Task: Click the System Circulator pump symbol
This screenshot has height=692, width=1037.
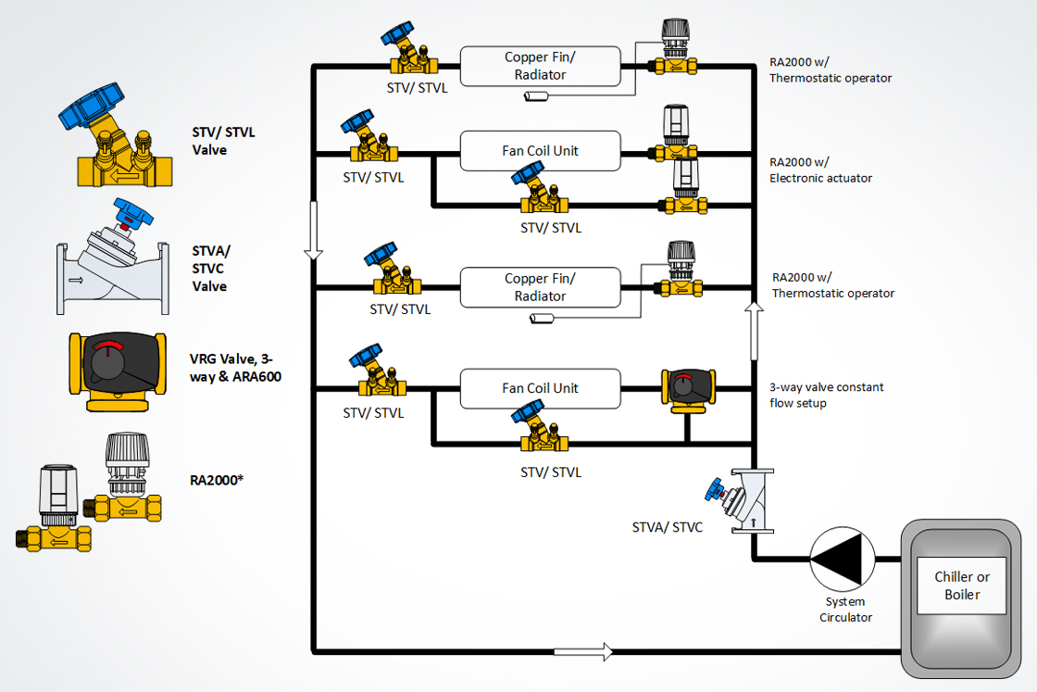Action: tap(842, 559)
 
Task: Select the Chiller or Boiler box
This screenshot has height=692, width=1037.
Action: tap(961, 585)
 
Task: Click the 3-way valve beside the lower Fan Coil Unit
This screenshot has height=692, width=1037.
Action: tap(686, 387)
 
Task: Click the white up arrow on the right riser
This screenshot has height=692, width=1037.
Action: tap(754, 331)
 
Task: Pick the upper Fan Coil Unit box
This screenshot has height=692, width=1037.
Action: tap(540, 151)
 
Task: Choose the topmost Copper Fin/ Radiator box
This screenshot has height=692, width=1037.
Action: tap(540, 66)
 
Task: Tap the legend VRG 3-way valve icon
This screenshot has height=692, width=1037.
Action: tap(118, 371)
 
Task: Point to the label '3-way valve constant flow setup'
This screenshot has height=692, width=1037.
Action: tap(826, 395)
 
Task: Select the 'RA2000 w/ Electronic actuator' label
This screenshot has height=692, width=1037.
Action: tap(820, 170)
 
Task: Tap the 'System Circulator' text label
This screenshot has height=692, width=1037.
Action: tap(845, 610)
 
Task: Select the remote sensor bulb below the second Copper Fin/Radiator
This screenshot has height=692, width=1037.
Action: tap(541, 319)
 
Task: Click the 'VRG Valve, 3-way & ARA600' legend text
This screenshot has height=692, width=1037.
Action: tap(235, 367)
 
